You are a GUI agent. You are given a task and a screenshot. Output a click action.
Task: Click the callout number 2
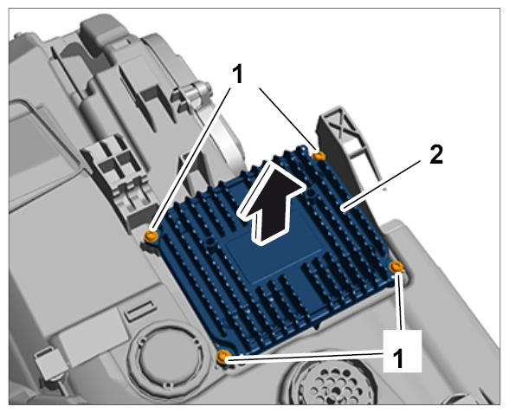pyautogui.click(x=436, y=154)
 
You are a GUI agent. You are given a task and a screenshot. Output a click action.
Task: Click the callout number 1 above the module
pyautogui.click(x=238, y=74)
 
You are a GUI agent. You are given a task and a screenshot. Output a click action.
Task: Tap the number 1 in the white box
pyautogui.click(x=397, y=359)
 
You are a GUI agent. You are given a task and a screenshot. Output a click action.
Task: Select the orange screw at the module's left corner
pyautogui.click(x=151, y=236)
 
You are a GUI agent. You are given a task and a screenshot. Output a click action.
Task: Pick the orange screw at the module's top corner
pyautogui.click(x=319, y=156)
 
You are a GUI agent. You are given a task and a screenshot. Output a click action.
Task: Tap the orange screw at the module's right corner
pyautogui.click(x=396, y=267)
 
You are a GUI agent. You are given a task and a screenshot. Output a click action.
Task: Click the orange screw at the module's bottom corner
pyautogui.click(x=223, y=356)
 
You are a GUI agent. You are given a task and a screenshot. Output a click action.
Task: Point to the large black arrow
pyautogui.click(x=271, y=202)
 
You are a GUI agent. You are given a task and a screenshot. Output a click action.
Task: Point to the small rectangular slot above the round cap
pyautogui.click(x=140, y=310)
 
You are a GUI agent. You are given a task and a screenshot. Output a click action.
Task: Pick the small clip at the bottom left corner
pyautogui.click(x=49, y=364)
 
